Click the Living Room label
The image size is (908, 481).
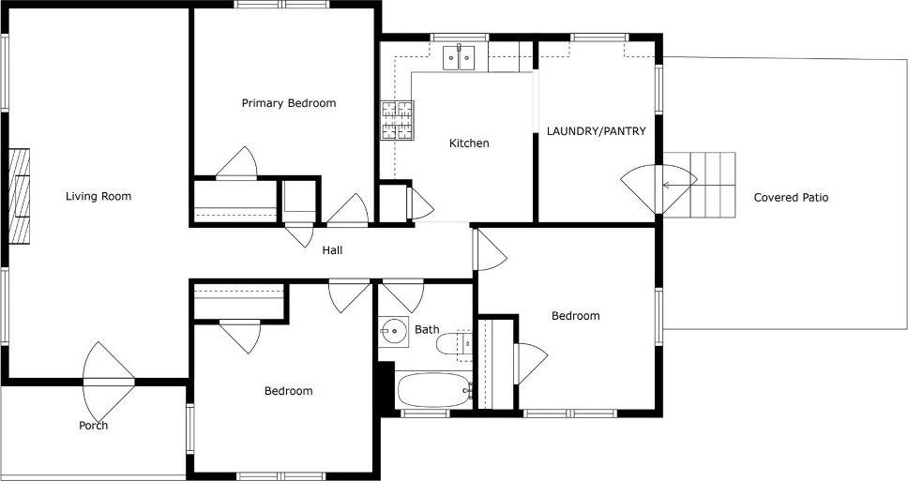tap(98, 196)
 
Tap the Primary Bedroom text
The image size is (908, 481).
tap(288, 104)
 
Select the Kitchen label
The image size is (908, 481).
tap(469, 143)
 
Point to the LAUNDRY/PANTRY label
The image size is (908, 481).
tap(596, 131)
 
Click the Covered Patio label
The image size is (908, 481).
tap(791, 198)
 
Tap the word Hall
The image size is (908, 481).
tap(332, 250)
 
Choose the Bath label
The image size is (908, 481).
tap(427, 329)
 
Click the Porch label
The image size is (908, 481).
tap(93, 426)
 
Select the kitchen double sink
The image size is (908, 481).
tap(459, 58)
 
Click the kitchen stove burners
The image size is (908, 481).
tap(398, 120)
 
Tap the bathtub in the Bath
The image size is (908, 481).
tap(433, 390)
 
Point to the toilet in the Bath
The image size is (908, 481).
tap(453, 344)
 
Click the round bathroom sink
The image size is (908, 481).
tap(393, 332)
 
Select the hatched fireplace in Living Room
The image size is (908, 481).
tap(19, 196)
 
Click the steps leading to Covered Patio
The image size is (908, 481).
tap(699, 185)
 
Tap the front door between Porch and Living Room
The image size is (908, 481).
tap(108, 382)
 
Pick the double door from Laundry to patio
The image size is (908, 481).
tap(659, 189)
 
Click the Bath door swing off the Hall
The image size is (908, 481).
tap(403, 295)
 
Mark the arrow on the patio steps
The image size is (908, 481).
tap(680, 186)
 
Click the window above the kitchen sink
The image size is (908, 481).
tap(460, 38)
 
